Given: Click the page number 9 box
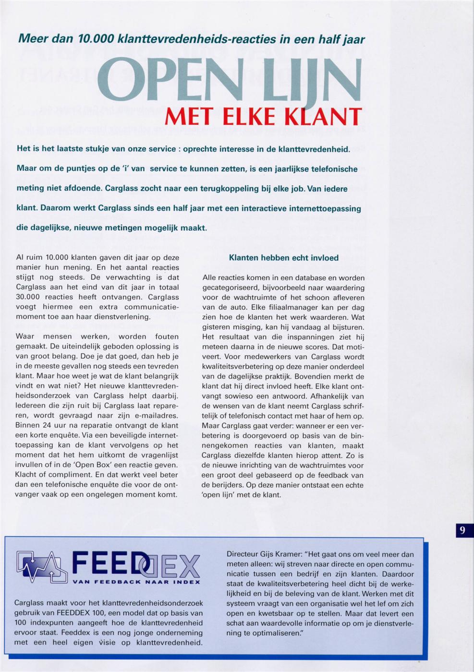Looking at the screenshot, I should (x=462, y=530).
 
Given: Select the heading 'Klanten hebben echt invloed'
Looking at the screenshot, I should (x=284, y=258).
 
